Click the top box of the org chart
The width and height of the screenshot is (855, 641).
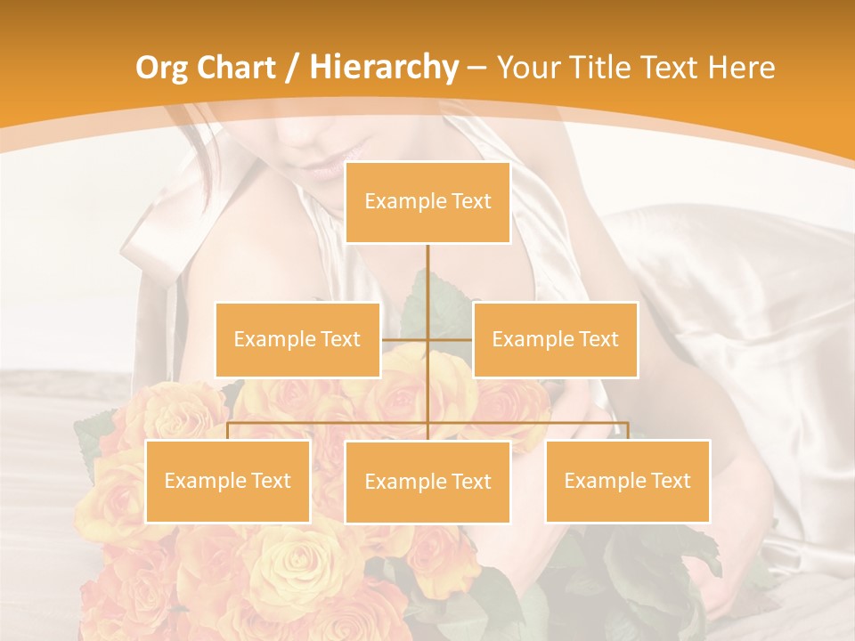coord(427,202)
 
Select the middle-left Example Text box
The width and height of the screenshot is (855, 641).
coord(297,339)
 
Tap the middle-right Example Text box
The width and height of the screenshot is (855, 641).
coord(555,339)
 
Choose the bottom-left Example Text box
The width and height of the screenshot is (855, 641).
coord(228,481)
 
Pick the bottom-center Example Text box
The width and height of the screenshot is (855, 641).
coord(427,482)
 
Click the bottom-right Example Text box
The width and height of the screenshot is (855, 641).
coord(627,481)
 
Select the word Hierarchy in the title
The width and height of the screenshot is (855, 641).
coord(383,68)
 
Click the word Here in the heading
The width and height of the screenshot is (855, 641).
coord(741,68)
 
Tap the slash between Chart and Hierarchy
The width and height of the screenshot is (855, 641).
coord(292,69)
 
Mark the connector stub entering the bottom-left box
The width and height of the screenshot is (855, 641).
coord(228,431)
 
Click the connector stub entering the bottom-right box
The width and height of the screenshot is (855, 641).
coord(627,431)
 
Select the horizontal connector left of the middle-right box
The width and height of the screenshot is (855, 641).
coord(451,339)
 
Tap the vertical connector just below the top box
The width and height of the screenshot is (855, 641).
coord(427,267)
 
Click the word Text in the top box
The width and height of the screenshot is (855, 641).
coord(469,202)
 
